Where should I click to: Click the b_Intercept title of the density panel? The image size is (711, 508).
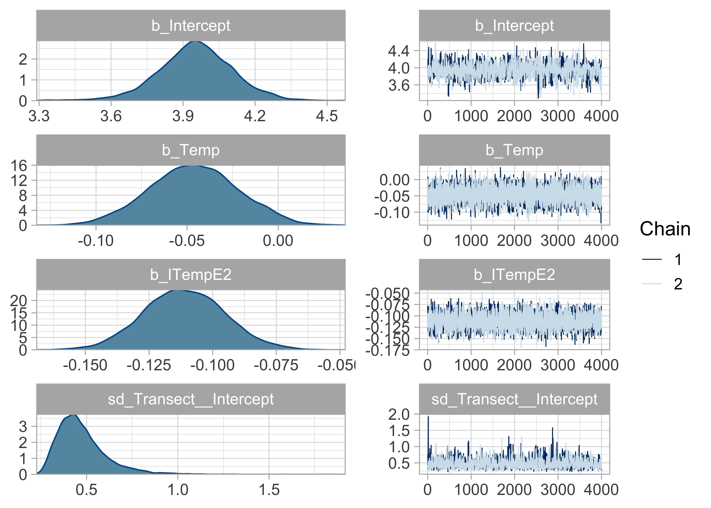191,26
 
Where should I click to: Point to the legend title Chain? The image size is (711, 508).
665,229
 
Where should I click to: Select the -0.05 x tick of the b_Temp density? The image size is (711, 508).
187,241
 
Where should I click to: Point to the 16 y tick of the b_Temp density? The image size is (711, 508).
19,166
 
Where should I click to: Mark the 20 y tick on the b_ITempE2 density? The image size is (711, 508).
19,301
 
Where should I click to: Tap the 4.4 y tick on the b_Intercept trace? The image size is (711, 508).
399,51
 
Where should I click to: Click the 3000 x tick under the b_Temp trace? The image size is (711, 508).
558,241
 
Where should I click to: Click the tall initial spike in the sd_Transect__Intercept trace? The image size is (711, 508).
428,418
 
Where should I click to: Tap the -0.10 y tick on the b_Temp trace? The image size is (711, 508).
392,213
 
